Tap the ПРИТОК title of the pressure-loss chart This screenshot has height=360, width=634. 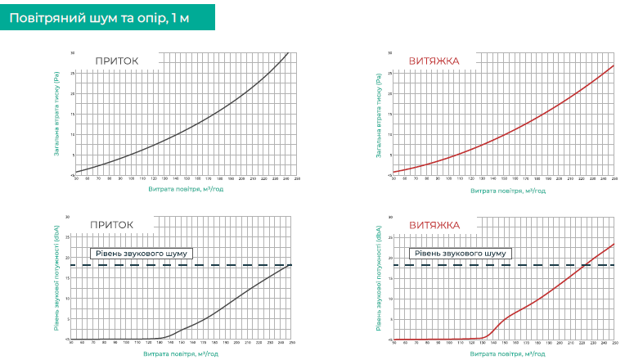pyautogui.click(x=116, y=61)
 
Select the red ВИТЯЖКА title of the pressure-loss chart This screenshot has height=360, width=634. pyautogui.click(x=434, y=61)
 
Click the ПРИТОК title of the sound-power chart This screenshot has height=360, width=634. pyautogui.click(x=111, y=225)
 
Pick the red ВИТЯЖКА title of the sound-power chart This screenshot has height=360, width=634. pyautogui.click(x=434, y=225)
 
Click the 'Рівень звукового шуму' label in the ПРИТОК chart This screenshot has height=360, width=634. pyautogui.click(x=141, y=254)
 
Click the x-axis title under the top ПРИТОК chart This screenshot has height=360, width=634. pyautogui.click(x=184, y=190)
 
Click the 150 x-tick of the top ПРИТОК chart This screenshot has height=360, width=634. pyautogui.click(x=187, y=178)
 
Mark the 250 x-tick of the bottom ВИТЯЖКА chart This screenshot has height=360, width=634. pyautogui.click(x=614, y=343)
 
